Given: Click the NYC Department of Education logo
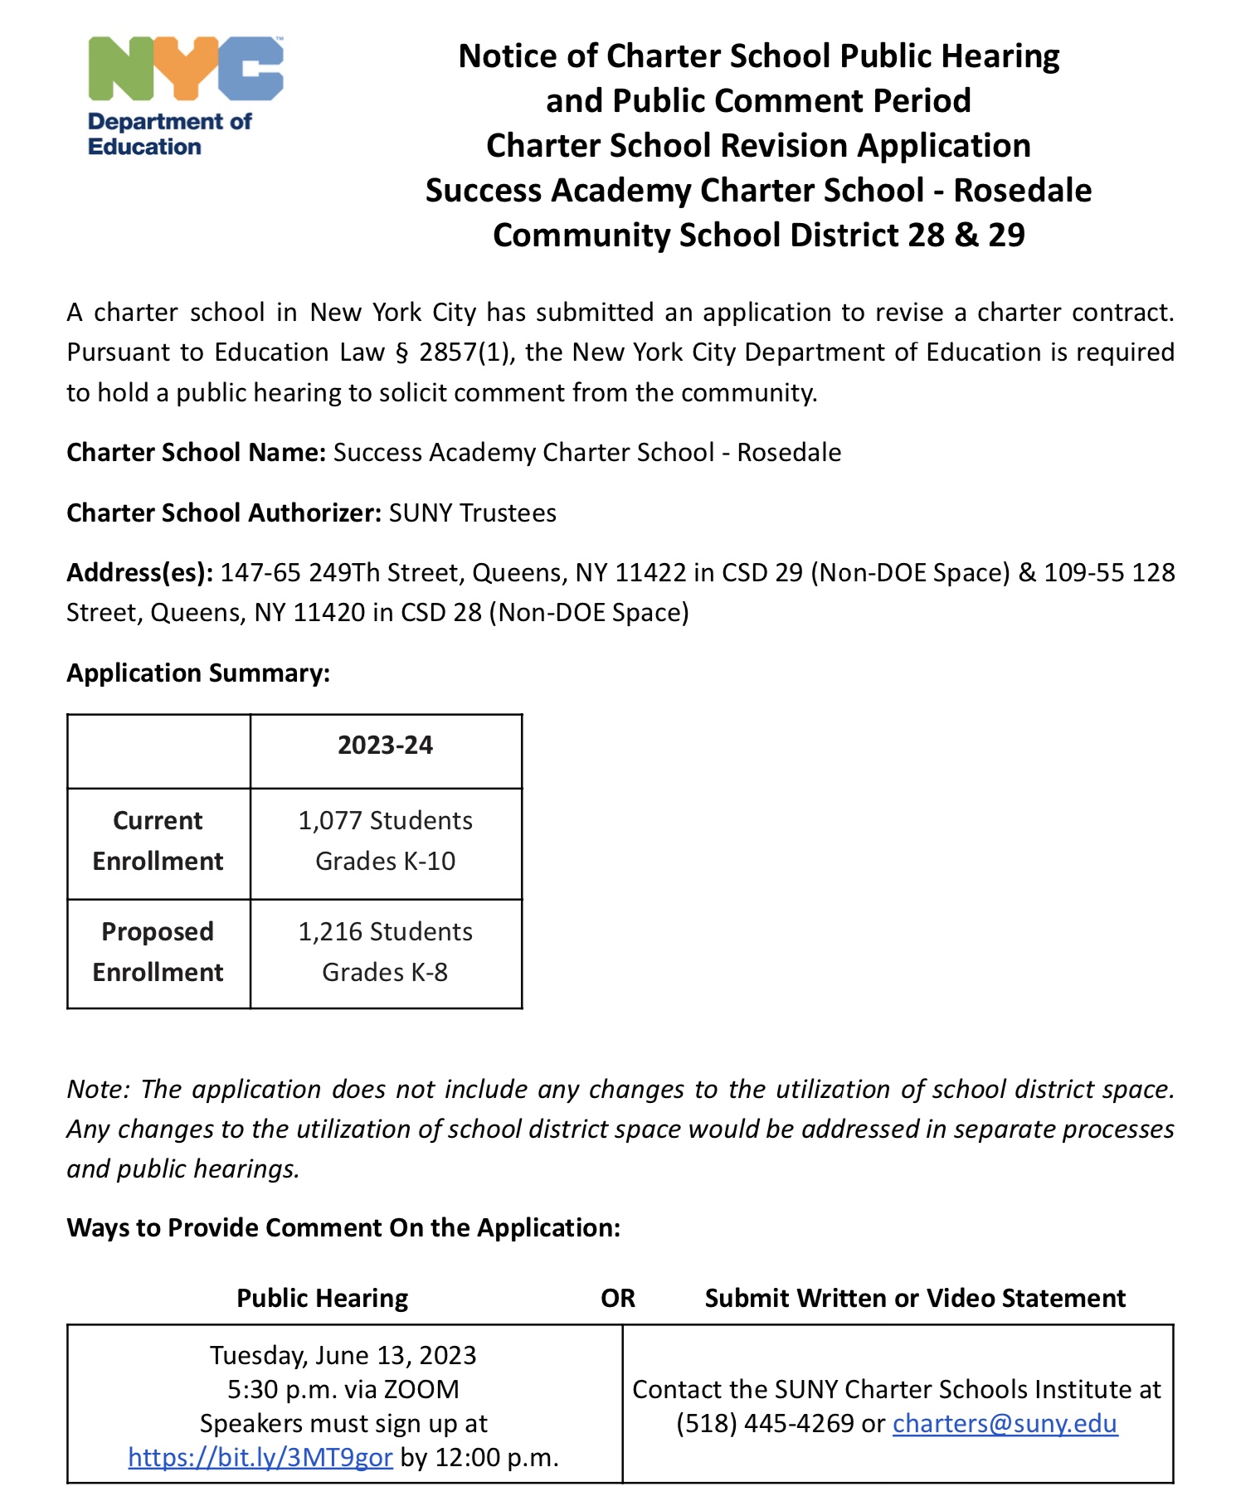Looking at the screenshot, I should click(x=184, y=95).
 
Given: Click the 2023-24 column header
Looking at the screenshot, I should click(x=385, y=746).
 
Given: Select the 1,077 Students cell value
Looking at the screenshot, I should click(x=385, y=821).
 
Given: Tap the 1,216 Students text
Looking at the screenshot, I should click(x=385, y=932).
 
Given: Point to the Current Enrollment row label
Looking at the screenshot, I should click(x=158, y=841).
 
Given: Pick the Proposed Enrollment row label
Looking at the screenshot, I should click(x=158, y=952).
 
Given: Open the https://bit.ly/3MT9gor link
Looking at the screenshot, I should click(x=260, y=1457).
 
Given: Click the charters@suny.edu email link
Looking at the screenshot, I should click(x=1005, y=1423).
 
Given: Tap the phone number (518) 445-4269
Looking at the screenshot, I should click(x=764, y=1423).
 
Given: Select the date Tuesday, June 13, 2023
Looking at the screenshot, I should click(x=343, y=1355).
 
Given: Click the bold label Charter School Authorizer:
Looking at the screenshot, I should click(x=223, y=513).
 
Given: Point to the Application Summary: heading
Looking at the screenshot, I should click(x=198, y=673).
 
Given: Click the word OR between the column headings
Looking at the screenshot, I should click(x=617, y=1298).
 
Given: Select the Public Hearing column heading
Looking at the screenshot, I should click(x=322, y=1298).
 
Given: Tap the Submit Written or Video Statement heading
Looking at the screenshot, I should click(x=914, y=1298).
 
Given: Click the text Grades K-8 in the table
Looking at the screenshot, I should click(x=385, y=972).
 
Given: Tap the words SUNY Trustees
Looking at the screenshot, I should click(x=472, y=513).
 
